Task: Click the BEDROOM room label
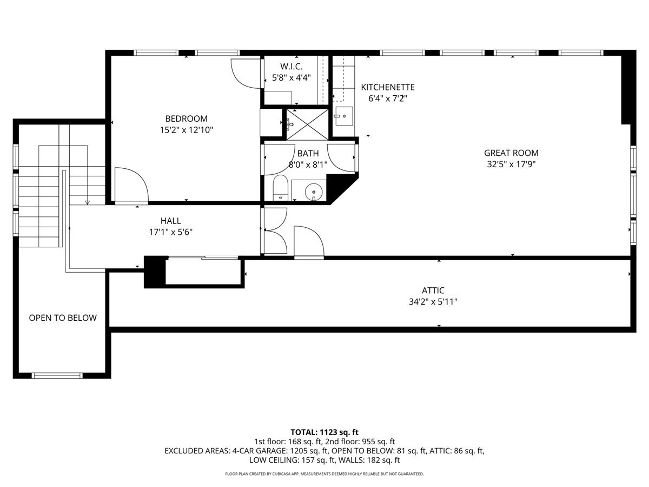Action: tap(186, 119)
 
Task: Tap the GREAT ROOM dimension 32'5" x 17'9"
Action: tap(511, 164)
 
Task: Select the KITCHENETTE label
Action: tap(388, 87)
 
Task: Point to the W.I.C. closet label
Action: tap(291, 66)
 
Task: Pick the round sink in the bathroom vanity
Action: tap(312, 191)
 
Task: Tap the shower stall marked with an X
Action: tap(307, 124)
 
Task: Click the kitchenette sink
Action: tap(343, 115)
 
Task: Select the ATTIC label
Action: tap(433, 290)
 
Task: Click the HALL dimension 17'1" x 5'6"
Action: tap(170, 232)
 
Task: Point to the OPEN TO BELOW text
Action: tap(63, 318)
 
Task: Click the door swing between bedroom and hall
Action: tap(131, 185)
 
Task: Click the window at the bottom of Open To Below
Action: tap(57, 375)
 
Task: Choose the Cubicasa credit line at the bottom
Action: tap(325, 474)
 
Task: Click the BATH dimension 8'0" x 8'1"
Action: tap(308, 164)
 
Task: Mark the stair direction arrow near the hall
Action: tap(87, 202)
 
